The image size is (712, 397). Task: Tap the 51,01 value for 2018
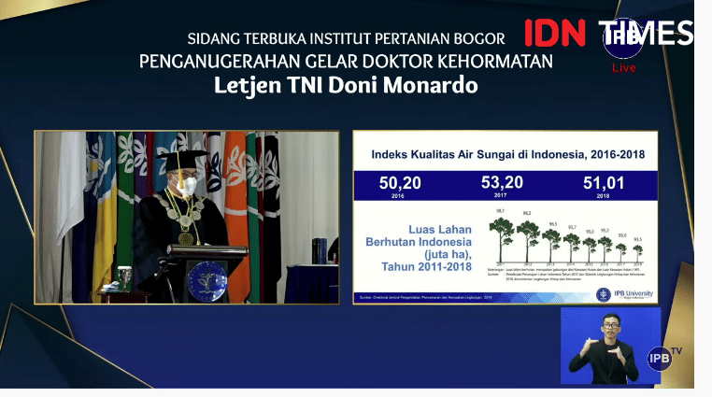[605, 182]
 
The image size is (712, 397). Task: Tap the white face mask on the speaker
[187, 184]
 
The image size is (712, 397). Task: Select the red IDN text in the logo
[554, 33]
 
